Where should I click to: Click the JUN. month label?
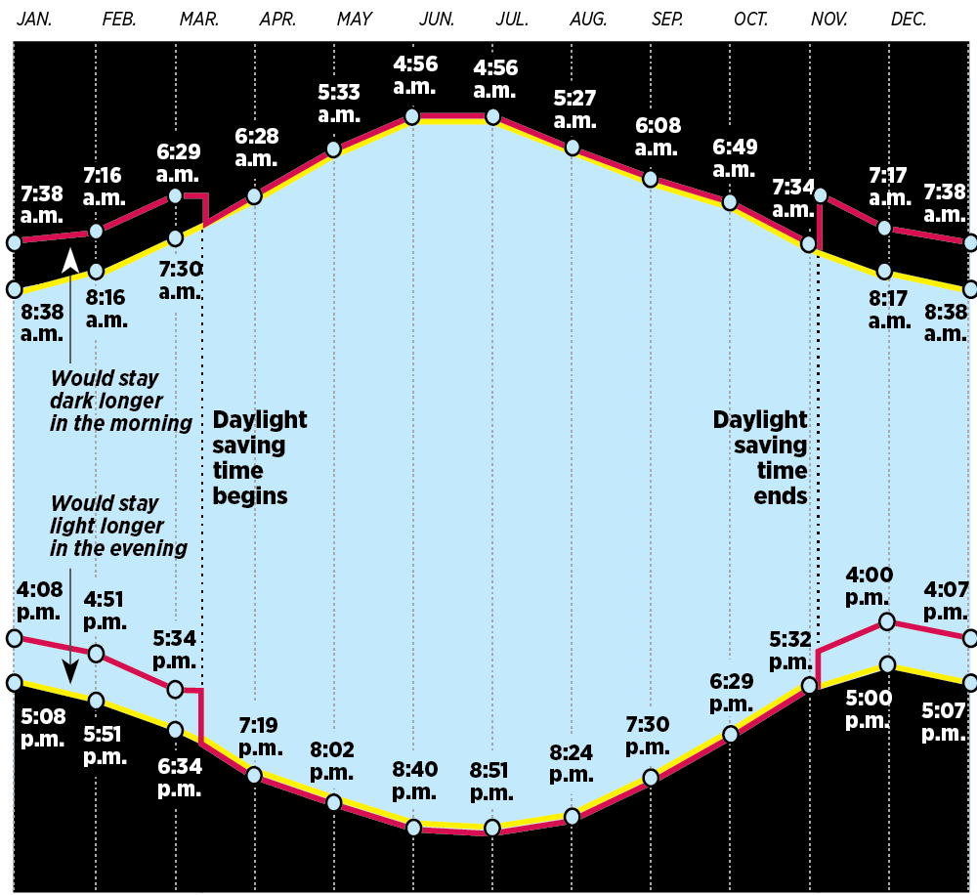click(x=436, y=19)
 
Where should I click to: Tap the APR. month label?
click(x=278, y=19)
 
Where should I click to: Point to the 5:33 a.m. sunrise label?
click(x=339, y=102)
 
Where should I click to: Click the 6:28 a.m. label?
click(x=257, y=148)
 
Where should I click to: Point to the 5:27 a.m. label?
click(x=574, y=108)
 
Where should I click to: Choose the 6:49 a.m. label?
click(x=734, y=156)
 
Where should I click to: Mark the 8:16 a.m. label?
click(x=106, y=309)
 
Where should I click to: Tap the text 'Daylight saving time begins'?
click(x=259, y=457)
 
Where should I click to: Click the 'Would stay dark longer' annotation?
click(x=121, y=400)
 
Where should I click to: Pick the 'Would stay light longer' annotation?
click(x=118, y=526)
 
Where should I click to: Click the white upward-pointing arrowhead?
click(x=70, y=260)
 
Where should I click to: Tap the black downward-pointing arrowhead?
click(x=70, y=672)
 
